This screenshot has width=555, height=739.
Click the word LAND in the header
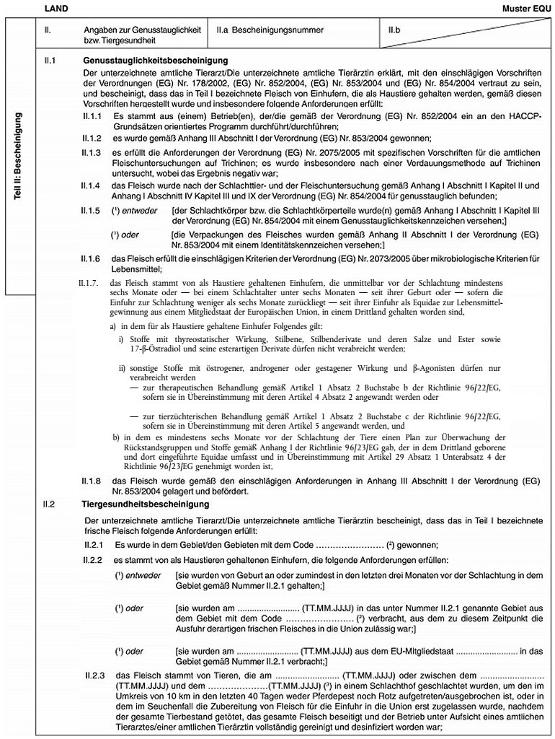point(55,7)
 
